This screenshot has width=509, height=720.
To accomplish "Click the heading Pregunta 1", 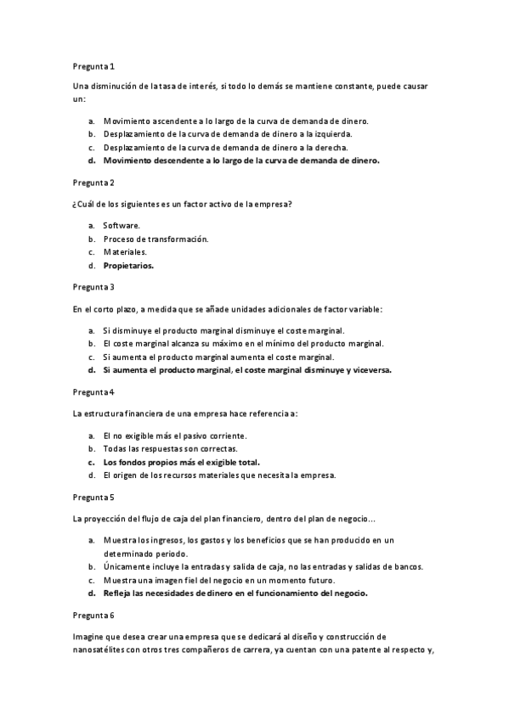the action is click(93, 65).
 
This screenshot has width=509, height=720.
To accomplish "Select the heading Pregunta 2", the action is click(93, 183).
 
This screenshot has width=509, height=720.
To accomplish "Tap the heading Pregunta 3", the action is click(93, 287).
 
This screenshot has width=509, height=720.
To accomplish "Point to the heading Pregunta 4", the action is click(93, 392).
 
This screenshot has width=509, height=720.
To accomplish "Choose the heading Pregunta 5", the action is click(93, 497).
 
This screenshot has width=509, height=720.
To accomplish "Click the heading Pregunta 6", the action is click(93, 614).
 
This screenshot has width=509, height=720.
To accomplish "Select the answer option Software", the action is click(122, 225).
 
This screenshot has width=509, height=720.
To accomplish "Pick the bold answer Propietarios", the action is click(128, 266).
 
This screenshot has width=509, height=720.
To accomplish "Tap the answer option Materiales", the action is click(125, 252).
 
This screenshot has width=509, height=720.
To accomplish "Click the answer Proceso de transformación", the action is click(156, 239).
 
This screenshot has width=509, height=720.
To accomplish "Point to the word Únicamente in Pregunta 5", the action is click(125, 566).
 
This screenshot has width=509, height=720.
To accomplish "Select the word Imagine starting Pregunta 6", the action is click(89, 636).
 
